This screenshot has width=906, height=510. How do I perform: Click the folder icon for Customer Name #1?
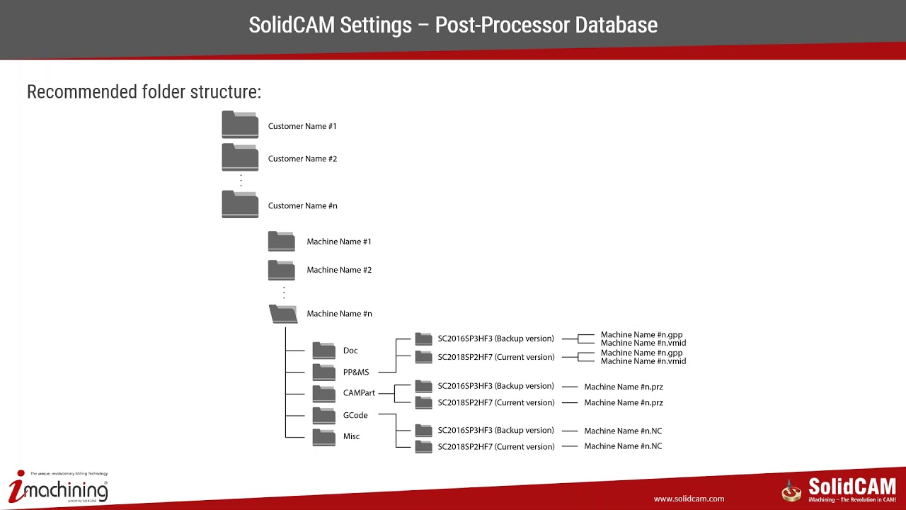(x=240, y=125)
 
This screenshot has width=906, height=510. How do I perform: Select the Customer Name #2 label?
(x=302, y=159)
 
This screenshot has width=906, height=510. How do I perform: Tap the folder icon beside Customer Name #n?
(x=240, y=205)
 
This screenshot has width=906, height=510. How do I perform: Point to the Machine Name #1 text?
(x=338, y=242)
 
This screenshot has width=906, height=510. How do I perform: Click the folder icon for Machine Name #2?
(x=281, y=270)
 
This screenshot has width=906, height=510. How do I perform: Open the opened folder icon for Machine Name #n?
(x=283, y=314)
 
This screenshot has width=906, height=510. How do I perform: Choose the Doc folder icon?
(x=323, y=351)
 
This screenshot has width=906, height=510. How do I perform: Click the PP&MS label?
(x=355, y=372)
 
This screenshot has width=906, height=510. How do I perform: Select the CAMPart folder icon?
(x=323, y=393)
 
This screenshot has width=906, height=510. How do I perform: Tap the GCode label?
(x=356, y=415)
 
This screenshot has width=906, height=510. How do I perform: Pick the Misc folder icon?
(x=323, y=436)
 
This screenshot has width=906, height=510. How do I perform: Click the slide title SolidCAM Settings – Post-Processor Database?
(x=453, y=25)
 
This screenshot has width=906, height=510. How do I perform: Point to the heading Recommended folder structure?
(x=144, y=92)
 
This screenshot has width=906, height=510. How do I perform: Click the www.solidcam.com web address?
(x=689, y=499)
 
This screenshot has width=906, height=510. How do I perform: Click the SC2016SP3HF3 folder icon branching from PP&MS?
(x=423, y=339)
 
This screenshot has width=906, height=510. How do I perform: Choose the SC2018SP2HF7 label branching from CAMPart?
(x=495, y=402)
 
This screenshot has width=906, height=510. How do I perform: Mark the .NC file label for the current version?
(x=623, y=446)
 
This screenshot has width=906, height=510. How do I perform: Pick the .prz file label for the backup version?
(x=623, y=387)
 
